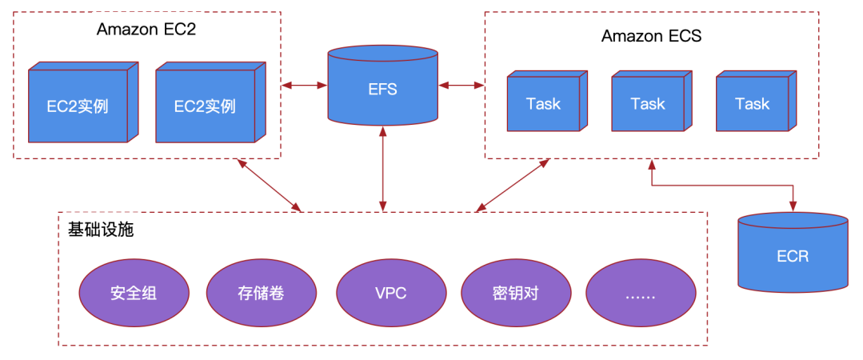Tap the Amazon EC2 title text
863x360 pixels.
click(x=146, y=30)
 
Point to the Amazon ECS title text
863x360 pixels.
click(x=651, y=36)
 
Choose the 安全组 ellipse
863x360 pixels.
click(x=134, y=292)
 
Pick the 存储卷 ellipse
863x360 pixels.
click(x=261, y=292)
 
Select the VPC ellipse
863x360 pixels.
click(x=390, y=292)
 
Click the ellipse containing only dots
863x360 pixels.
click(x=640, y=292)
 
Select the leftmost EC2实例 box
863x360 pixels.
click(x=78, y=104)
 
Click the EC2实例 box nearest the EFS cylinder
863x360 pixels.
click(x=205, y=104)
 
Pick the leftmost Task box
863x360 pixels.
click(x=544, y=102)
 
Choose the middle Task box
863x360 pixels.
click(x=648, y=102)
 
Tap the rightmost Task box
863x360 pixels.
click(x=752, y=102)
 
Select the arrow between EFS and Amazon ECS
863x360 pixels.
click(x=461, y=83)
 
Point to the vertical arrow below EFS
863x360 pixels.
click(x=384, y=168)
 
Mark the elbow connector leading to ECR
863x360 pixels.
click(x=724, y=186)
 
